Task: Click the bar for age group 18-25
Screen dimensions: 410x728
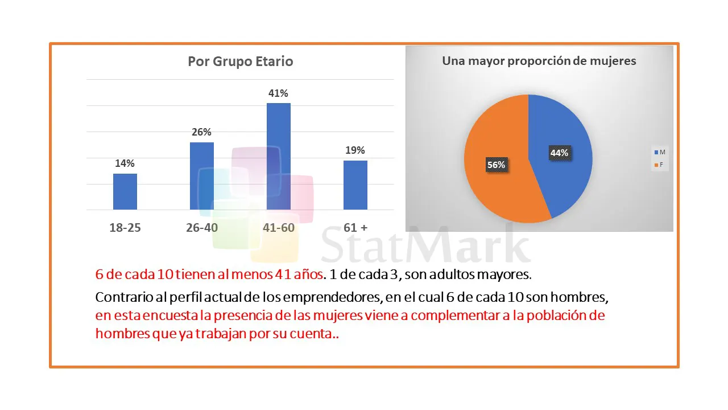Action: (x=125, y=192)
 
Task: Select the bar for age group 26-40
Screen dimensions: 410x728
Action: (x=201, y=176)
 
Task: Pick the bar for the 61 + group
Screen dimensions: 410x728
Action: (x=355, y=185)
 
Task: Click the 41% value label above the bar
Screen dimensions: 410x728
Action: (x=278, y=93)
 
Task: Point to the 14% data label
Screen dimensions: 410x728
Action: (x=125, y=163)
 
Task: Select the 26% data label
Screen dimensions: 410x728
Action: (x=201, y=132)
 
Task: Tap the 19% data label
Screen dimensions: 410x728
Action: (x=355, y=150)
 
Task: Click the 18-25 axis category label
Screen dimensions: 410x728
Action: (x=125, y=228)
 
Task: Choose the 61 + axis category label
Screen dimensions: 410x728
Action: (x=355, y=228)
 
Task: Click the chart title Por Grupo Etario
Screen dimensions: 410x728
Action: (x=241, y=61)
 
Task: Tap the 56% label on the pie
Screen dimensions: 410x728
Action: (x=496, y=165)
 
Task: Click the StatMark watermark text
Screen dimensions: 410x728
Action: (x=427, y=245)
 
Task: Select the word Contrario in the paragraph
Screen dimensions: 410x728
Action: (x=120, y=297)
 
